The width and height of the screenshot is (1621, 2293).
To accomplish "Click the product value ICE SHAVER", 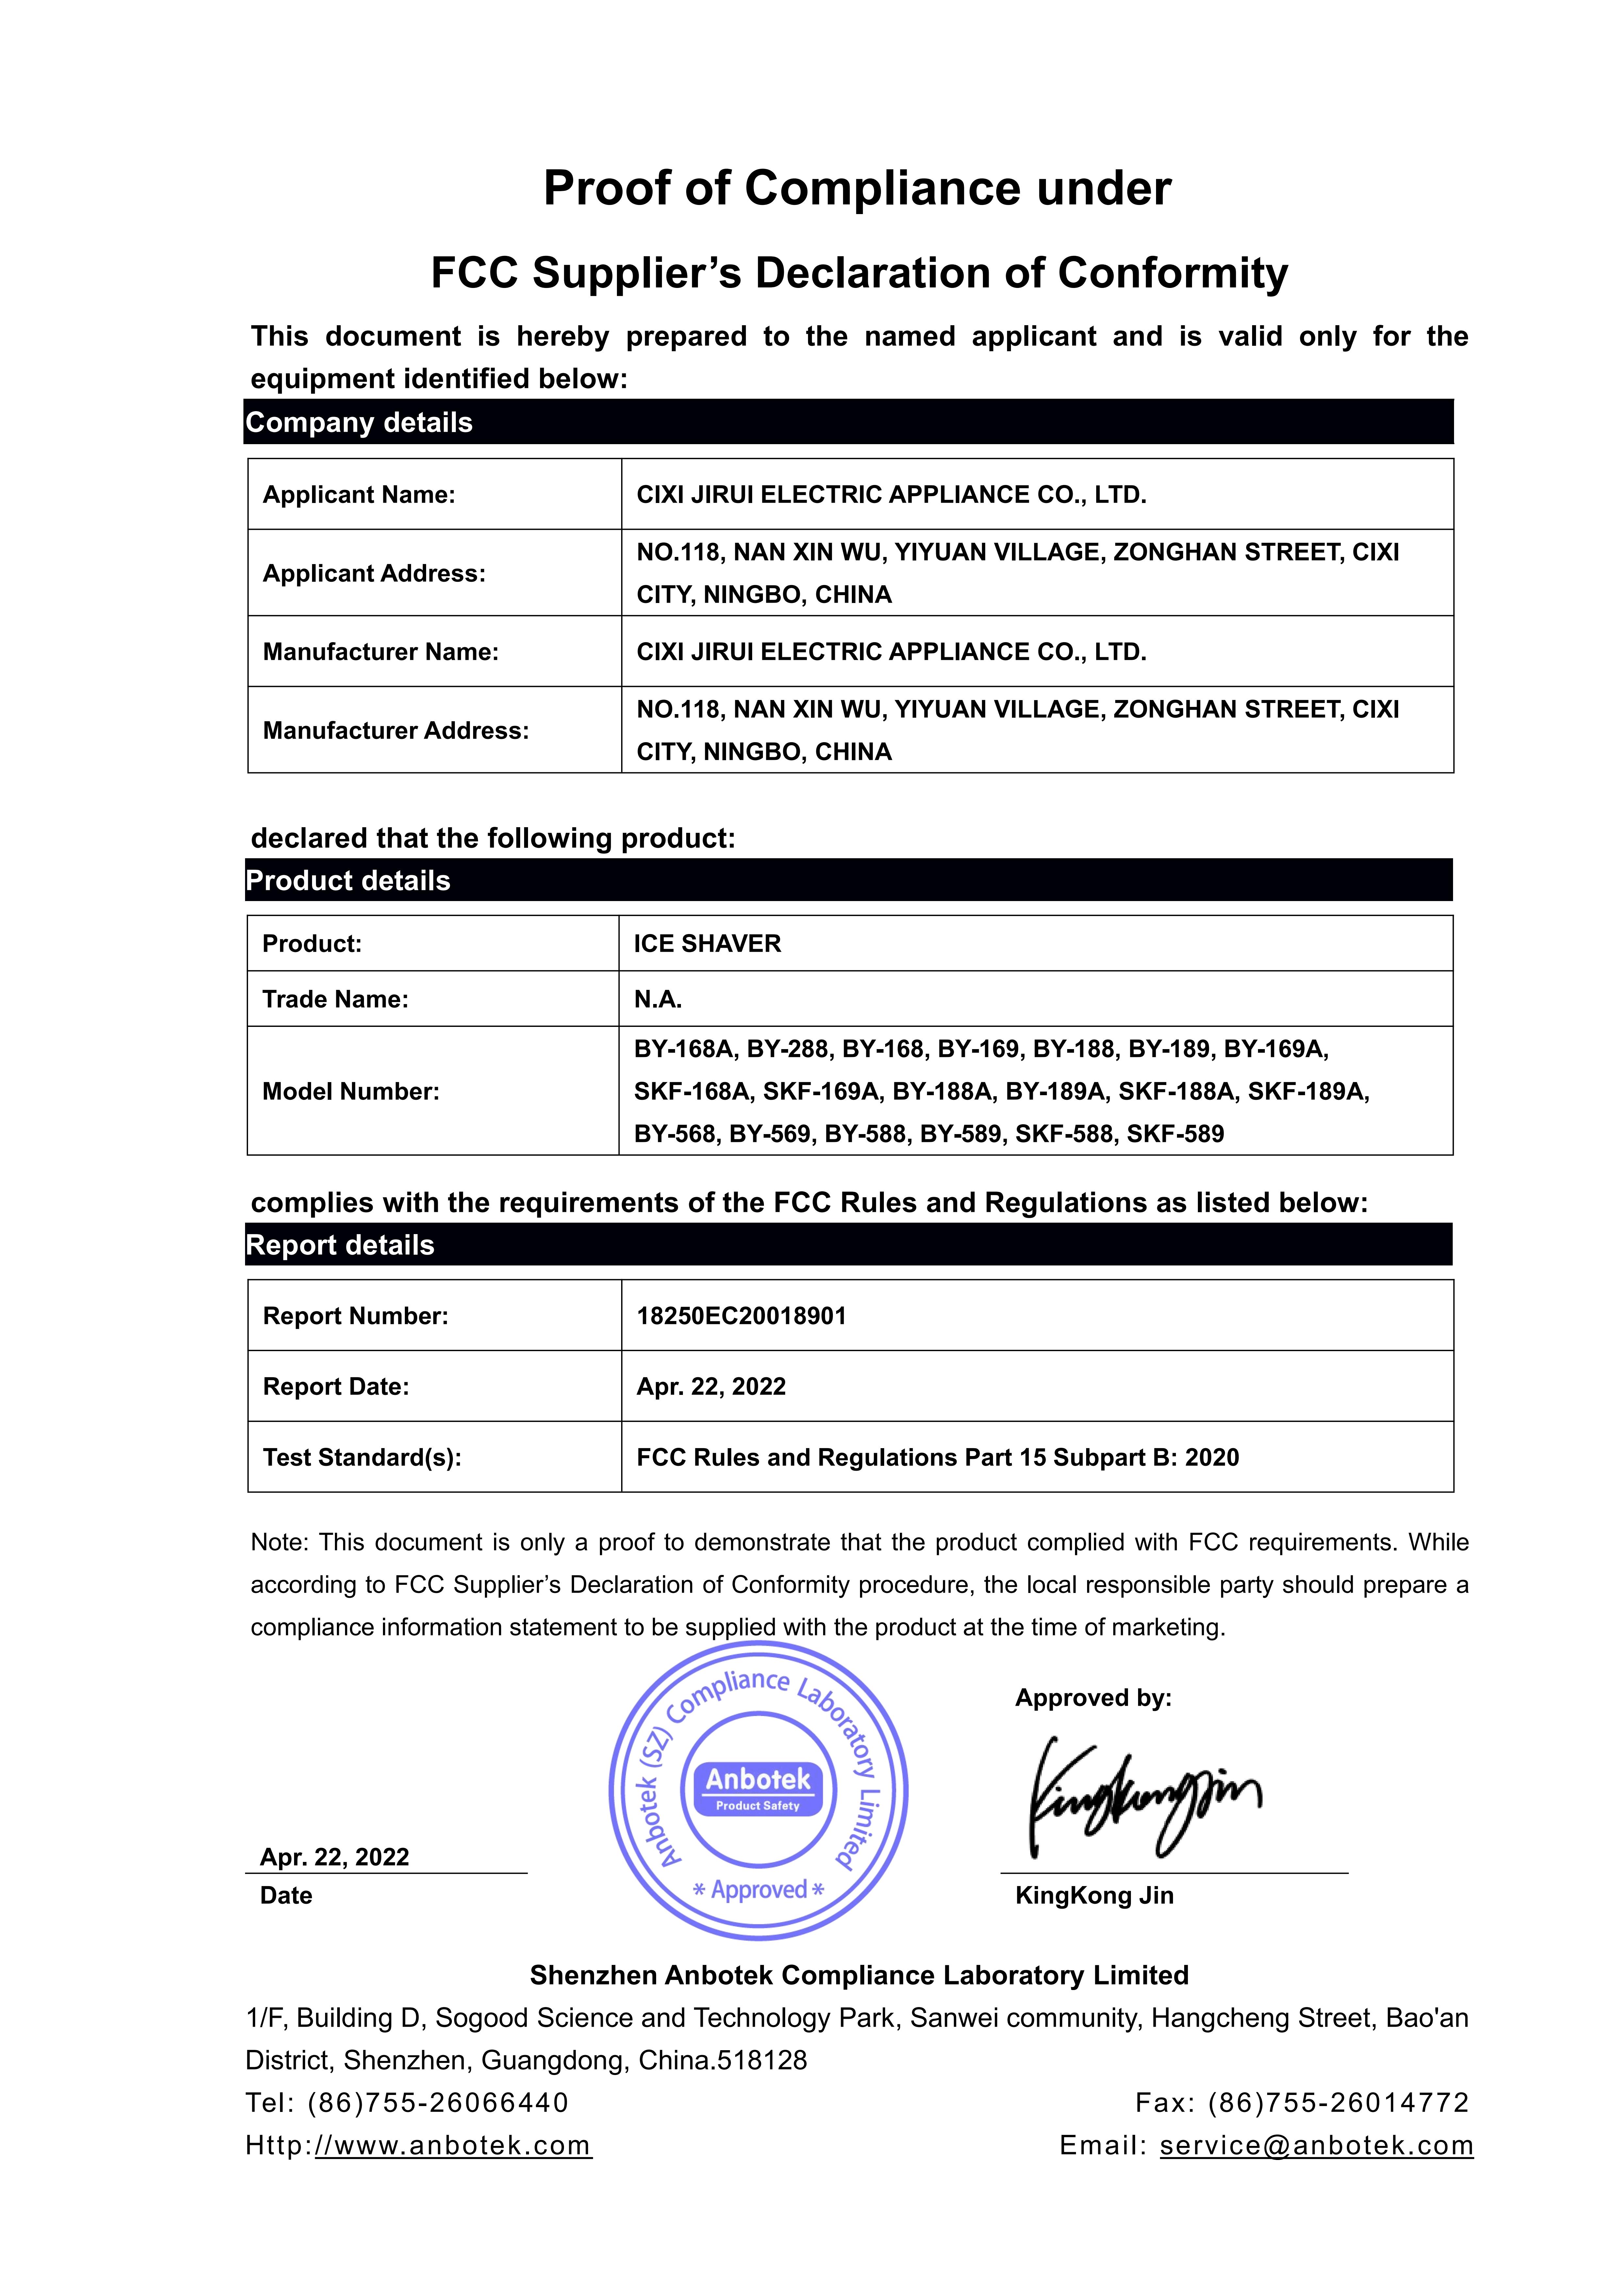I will [707, 944].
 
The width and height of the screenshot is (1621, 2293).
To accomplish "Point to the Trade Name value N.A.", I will [657, 1000].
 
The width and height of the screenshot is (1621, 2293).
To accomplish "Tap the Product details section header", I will [349, 881].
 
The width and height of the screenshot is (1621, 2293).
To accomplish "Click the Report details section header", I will [340, 1246].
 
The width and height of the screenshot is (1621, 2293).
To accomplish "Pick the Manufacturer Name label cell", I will [381, 652].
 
